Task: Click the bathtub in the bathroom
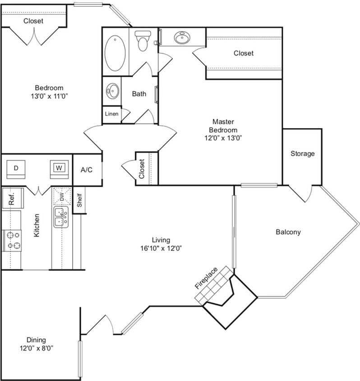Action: pos(115,51)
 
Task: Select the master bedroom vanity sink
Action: pos(182,37)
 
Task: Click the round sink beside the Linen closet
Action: pos(112,91)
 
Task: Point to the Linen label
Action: pos(111,114)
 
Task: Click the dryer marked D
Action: pos(16,168)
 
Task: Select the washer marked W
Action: pos(59,168)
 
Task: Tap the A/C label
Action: pos(87,170)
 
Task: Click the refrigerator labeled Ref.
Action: pos(11,198)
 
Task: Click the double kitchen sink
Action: pos(61,217)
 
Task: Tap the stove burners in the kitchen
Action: pos(12,240)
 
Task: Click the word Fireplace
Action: pos(206,278)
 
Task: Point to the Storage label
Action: pos(302,153)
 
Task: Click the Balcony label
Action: pos(288,232)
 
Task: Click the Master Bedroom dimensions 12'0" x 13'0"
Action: pos(224,138)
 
